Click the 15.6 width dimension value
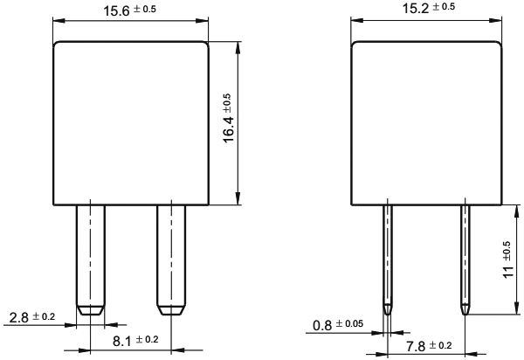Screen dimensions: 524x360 click(116, 10)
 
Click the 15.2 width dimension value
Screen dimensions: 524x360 click(416, 9)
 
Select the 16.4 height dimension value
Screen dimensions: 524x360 click(228, 129)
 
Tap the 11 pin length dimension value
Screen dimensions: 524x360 click(508, 271)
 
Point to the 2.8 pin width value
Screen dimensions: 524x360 click(18, 317)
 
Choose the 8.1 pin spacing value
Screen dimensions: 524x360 click(122, 342)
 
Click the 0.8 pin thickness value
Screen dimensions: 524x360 click(322, 325)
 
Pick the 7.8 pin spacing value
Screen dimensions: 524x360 click(416, 347)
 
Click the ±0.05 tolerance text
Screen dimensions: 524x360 click(349, 323)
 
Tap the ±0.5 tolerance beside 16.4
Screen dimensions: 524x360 click(226, 103)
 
